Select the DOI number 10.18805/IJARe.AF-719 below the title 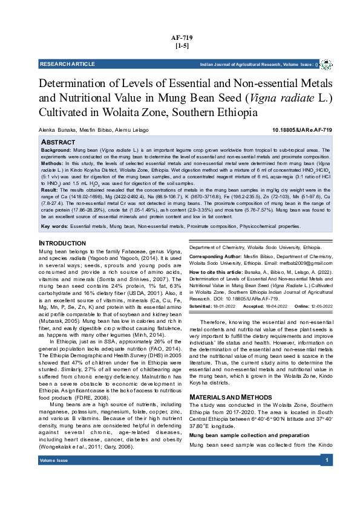pyautogui.click(x=302, y=130)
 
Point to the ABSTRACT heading pyautogui.click(x=62, y=141)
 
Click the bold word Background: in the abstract pyautogui.click(x=55, y=149)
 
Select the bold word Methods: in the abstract pyautogui.click(x=51, y=163)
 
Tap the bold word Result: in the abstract pyautogui.click(x=50, y=190)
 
